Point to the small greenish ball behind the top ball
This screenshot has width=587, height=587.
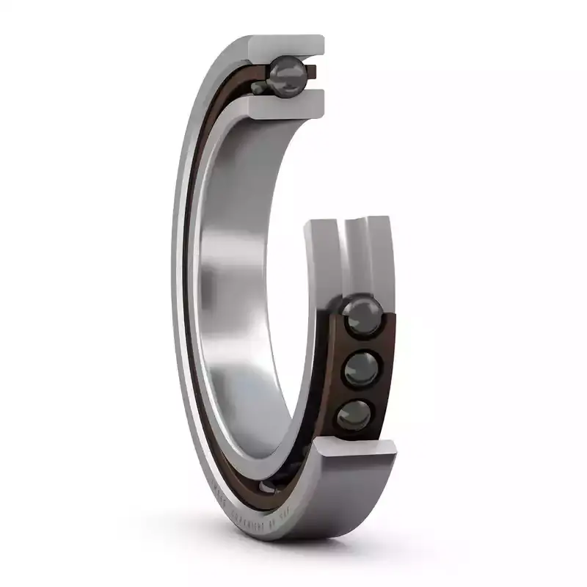point(258,87)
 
